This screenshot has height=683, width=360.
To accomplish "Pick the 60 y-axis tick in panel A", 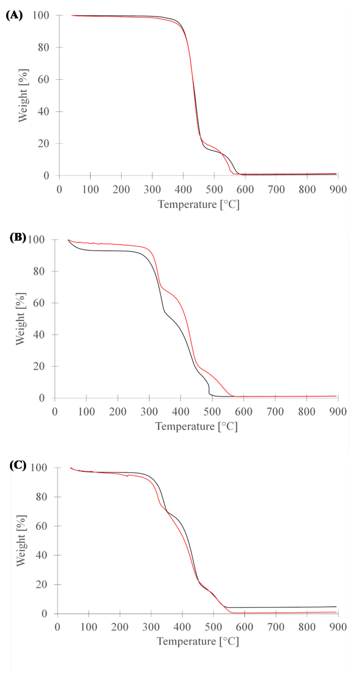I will pyautogui.click(x=43, y=79).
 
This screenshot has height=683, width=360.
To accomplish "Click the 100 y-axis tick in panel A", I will pyautogui.click(x=41, y=15).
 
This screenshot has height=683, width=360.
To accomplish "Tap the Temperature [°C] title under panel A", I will pyautogui.click(x=198, y=204).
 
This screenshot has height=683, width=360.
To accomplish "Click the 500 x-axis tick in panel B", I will pyautogui.click(x=212, y=412).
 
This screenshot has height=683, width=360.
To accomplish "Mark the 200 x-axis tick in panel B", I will pyautogui.click(x=118, y=412).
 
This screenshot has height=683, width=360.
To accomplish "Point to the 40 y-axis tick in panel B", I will pyautogui.click(x=39, y=335).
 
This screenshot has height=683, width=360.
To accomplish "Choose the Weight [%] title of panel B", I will pyautogui.click(x=20, y=319).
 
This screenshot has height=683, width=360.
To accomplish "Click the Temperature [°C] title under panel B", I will pyautogui.click(x=196, y=426).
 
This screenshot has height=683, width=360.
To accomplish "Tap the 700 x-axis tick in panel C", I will pyautogui.click(x=276, y=627).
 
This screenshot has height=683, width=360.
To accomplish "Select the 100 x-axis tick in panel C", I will pyautogui.click(x=89, y=627).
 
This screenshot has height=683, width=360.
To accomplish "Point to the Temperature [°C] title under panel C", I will pyautogui.click(x=198, y=641).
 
